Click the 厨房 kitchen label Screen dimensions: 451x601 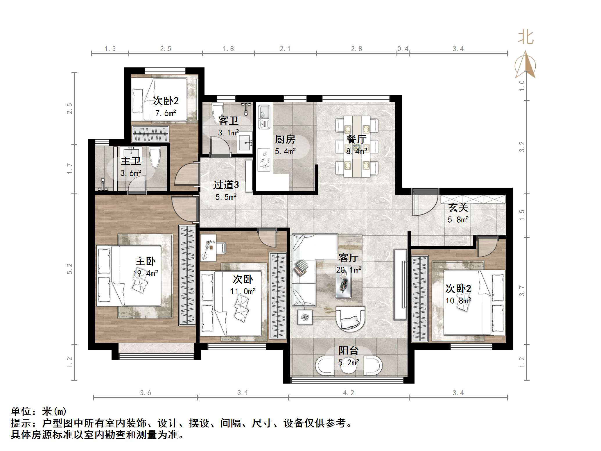tap(285, 139)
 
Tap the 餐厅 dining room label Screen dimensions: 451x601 tap(356, 139)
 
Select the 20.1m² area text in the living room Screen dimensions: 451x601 tap(349, 270)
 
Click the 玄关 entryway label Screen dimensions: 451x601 tap(458, 207)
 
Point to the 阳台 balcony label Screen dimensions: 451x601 tap(348, 350)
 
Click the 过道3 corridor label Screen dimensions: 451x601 tap(226, 185)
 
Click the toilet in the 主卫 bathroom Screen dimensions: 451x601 tap(155, 157)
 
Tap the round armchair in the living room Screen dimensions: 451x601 tap(350, 319)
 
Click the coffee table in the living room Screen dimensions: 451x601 tap(343, 286)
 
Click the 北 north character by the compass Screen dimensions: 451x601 tap(525, 38)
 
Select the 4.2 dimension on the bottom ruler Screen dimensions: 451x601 tap(348, 393)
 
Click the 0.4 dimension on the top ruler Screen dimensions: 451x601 tap(403, 49)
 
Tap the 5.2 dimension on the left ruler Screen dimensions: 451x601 tap(70, 269)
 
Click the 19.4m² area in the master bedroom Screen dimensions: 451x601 tap(146, 273)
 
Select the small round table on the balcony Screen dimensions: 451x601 tap(348, 367)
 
